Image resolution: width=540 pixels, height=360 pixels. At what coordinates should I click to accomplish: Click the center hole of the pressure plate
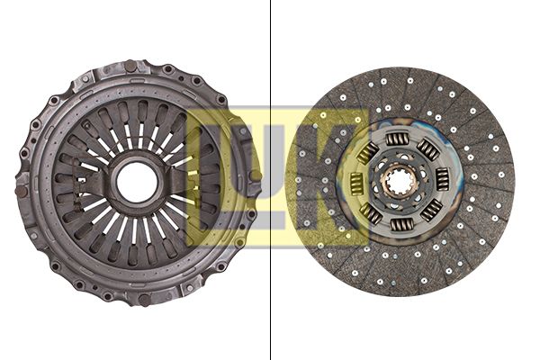click(x=138, y=183)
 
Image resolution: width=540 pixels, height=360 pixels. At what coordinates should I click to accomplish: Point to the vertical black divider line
click(x=270, y=180)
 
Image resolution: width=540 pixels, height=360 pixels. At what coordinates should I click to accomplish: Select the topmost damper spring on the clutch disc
click(x=396, y=139)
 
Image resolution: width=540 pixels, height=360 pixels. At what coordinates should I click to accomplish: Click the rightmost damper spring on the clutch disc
click(x=442, y=179)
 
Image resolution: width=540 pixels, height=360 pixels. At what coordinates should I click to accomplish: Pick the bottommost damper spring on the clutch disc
click(x=401, y=225)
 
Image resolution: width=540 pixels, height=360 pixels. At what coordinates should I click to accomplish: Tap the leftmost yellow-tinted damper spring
click(x=355, y=183)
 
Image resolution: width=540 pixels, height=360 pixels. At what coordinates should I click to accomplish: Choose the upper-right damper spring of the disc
click(x=428, y=149)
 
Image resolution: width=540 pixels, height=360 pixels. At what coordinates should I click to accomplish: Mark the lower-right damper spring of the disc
click(x=431, y=210)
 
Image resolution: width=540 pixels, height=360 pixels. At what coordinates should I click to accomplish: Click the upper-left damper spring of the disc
click(x=367, y=153)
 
